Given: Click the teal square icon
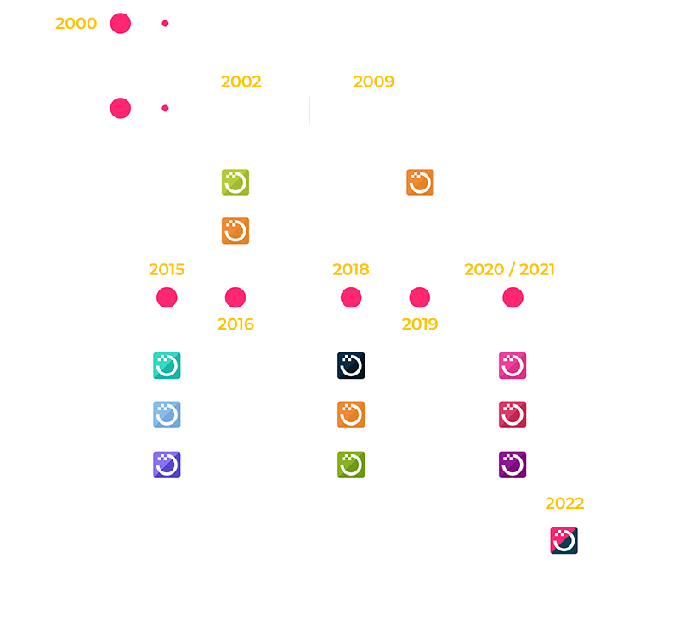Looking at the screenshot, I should [x=167, y=365].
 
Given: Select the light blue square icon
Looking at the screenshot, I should [x=167, y=414].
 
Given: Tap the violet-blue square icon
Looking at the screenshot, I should [x=167, y=465].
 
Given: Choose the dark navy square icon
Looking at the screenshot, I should [x=351, y=365].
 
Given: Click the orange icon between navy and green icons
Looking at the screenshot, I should [x=351, y=414].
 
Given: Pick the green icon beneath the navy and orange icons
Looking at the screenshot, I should [x=351, y=465].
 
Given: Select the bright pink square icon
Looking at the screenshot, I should [x=513, y=365].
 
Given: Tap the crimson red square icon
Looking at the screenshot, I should [x=513, y=414].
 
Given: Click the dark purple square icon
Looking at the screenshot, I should [x=513, y=465].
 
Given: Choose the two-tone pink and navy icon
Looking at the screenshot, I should [x=564, y=540].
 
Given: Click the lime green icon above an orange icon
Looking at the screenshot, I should [x=235, y=183].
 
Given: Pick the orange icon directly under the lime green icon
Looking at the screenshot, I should [x=235, y=231].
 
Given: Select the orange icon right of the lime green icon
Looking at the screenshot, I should [x=420, y=183].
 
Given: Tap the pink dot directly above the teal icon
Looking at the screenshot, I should [x=167, y=297].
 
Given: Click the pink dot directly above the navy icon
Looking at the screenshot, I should [x=351, y=297].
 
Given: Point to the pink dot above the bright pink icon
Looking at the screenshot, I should [x=513, y=297].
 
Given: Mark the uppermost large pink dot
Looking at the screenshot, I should [x=121, y=23].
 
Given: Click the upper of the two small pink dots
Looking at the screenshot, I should [x=165, y=23].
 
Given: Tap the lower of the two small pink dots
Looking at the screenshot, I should [x=165, y=108].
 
